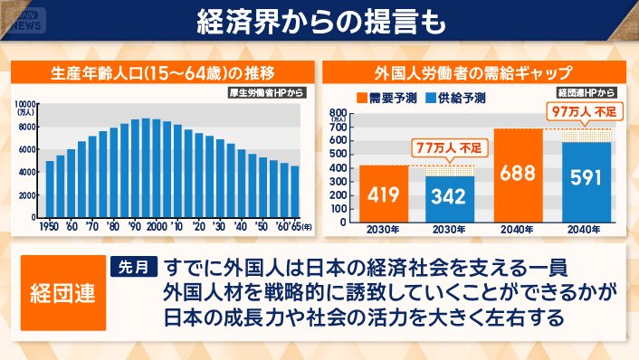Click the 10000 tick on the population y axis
pos(26,104)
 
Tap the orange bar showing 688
pos(518,175)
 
